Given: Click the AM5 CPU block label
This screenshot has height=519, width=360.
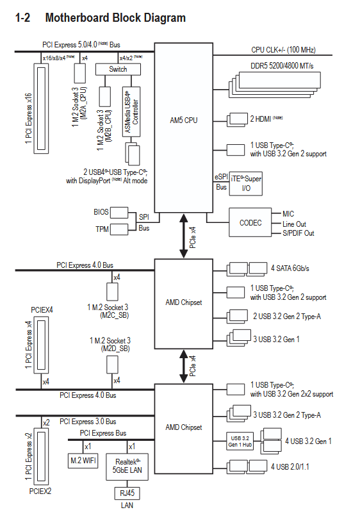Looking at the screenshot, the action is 184,120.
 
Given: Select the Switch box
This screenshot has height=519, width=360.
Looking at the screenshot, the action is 118,69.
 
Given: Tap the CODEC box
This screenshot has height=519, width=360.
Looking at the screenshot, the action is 250,222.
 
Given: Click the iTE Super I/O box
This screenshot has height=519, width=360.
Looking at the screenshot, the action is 246,183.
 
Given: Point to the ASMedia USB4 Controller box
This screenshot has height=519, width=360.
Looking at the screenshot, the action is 131,112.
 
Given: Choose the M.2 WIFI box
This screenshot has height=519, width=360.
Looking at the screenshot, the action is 83,460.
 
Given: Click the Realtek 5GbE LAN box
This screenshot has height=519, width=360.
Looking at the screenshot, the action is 127,466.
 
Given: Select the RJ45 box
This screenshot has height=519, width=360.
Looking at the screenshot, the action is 127,493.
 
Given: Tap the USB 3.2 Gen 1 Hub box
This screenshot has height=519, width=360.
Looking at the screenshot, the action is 240,441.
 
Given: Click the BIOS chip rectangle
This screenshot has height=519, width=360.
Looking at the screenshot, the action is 119,213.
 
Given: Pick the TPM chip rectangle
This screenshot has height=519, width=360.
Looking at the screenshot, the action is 119,229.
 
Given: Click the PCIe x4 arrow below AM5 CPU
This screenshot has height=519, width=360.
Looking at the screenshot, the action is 184,236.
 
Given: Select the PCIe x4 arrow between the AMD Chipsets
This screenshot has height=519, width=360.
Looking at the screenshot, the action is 184,367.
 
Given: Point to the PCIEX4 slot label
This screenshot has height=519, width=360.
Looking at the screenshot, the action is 42,310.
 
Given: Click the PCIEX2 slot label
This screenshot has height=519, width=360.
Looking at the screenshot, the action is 40,491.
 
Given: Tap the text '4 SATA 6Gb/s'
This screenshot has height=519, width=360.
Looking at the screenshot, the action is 290,268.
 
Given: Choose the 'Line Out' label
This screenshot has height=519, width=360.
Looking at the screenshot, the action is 294,224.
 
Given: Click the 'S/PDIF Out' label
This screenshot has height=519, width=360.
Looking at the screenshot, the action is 298,233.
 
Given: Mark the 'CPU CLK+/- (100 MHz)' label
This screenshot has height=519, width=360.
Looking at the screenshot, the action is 283,49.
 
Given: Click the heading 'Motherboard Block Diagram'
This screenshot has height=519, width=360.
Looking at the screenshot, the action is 115,17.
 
